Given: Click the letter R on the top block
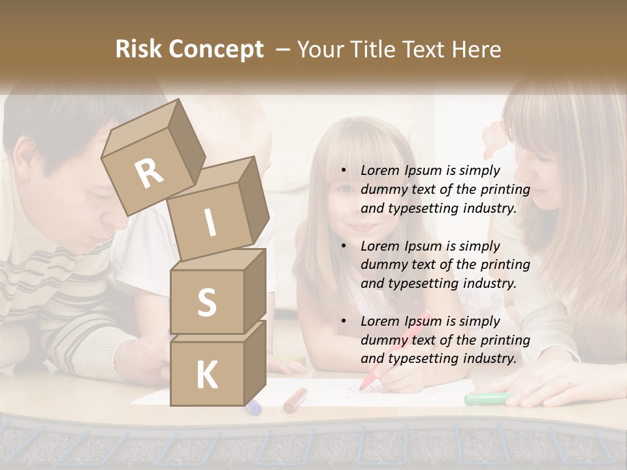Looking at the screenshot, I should pyautogui.click(x=150, y=174).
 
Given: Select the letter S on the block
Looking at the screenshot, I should pyautogui.click(x=206, y=302).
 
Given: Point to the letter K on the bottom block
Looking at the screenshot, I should pyautogui.click(x=206, y=375).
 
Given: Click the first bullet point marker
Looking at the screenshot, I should pyautogui.click(x=344, y=171).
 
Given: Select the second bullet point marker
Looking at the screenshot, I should pyautogui.click(x=344, y=247).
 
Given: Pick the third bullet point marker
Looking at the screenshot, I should pyautogui.click(x=344, y=322).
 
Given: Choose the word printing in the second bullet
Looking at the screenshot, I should pyautogui.click(x=506, y=265).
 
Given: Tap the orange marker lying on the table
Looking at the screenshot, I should pyautogui.click(x=295, y=399).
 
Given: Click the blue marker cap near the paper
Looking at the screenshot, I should pyautogui.click(x=253, y=407).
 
